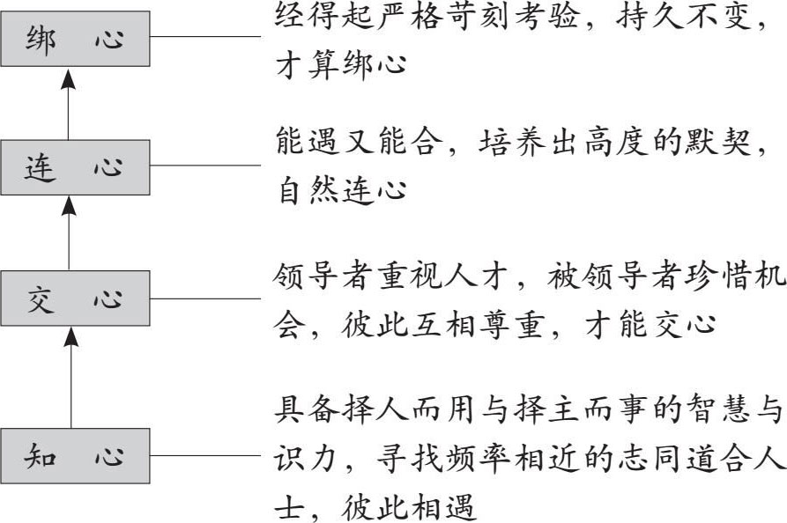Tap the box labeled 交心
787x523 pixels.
(x=73, y=300)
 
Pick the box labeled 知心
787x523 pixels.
(x=73, y=456)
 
